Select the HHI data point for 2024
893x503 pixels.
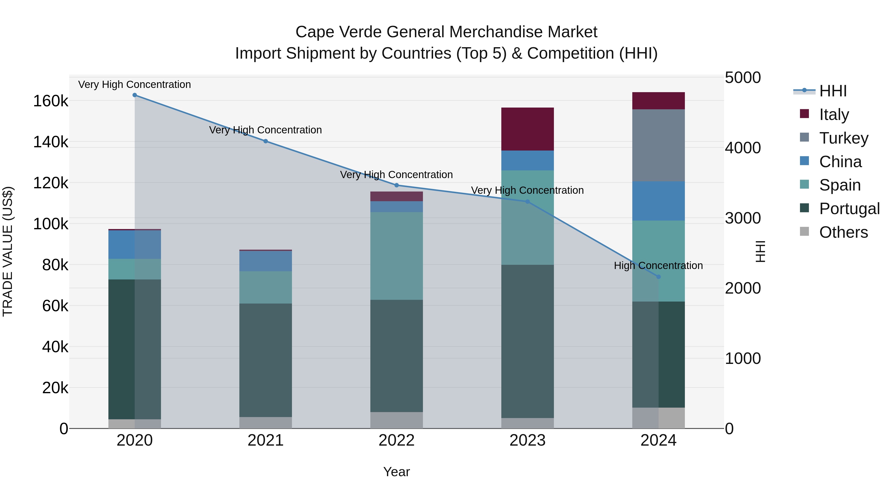[x=658, y=277]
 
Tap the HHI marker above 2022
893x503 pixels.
[x=397, y=185]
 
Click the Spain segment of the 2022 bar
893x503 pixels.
[x=397, y=256]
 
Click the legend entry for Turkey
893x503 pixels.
[x=843, y=138]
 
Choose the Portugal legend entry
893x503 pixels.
[x=849, y=209]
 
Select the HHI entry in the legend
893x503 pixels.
[x=833, y=91]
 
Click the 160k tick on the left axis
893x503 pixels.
[x=51, y=101]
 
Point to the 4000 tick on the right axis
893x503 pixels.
[x=742, y=148]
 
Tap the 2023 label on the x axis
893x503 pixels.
[x=527, y=440]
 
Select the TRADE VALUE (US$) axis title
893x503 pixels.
[x=8, y=251]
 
